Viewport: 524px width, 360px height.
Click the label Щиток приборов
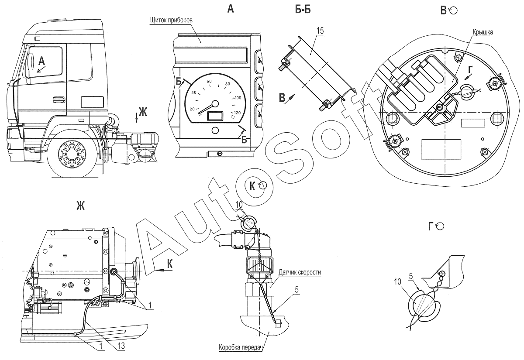point(171,21)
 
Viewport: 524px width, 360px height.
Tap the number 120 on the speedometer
point(237,113)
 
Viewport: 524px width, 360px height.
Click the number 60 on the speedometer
point(209,81)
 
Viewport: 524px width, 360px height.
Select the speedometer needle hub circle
point(215,104)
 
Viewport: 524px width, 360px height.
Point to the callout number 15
point(320,31)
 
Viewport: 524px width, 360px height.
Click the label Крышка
point(483,32)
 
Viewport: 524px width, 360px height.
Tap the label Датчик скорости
point(300,272)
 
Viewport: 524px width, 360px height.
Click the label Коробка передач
point(240,347)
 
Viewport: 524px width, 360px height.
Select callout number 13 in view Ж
point(121,346)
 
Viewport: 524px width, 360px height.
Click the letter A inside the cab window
point(41,61)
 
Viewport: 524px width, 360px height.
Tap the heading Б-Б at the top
point(303,10)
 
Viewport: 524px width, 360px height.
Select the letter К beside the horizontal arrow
point(170,264)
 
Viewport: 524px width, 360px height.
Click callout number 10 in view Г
point(398,282)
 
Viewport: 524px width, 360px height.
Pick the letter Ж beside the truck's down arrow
point(143,112)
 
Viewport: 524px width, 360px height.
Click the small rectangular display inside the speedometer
point(215,116)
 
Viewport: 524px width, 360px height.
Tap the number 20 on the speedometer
point(192,109)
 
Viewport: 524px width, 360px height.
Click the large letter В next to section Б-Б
point(282,98)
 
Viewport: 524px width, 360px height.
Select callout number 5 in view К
point(297,290)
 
